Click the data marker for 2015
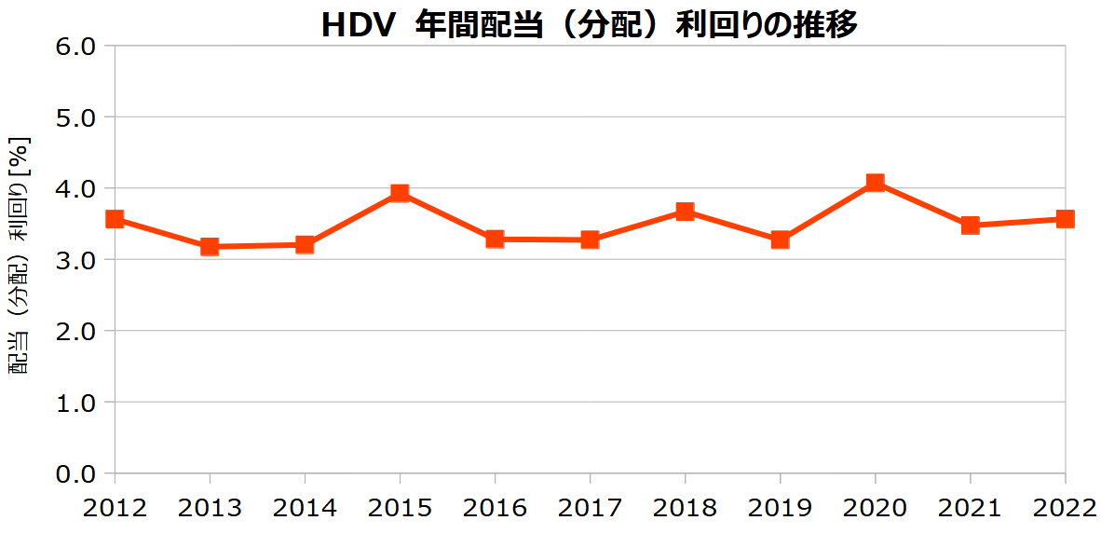click(400, 193)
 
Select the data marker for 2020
click(875, 183)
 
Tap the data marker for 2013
click(210, 247)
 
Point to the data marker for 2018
click(685, 212)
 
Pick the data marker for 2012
click(115, 219)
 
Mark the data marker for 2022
click(1065, 219)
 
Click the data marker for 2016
click(495, 240)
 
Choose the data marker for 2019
click(780, 240)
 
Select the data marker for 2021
click(970, 225)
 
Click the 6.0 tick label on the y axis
click(77, 46)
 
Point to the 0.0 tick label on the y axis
click(77, 474)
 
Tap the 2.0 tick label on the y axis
click(77, 332)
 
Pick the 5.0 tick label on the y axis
click(77, 117)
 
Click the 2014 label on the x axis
click(305, 508)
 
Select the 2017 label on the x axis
click(590, 508)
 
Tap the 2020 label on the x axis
click(875, 508)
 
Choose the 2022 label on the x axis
click(1065, 508)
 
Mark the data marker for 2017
click(590, 240)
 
